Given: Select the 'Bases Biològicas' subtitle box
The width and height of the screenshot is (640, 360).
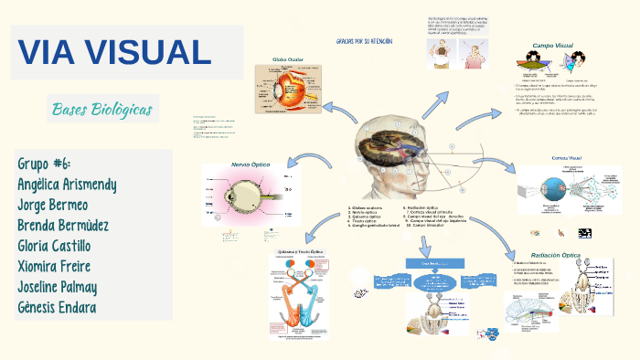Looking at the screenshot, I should coord(102,111).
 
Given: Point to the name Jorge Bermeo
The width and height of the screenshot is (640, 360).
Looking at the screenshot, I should coord(53,205).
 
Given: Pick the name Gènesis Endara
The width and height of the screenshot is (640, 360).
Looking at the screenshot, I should coord(58,306).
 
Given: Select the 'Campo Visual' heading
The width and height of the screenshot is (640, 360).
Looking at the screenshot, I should coord(554,44).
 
